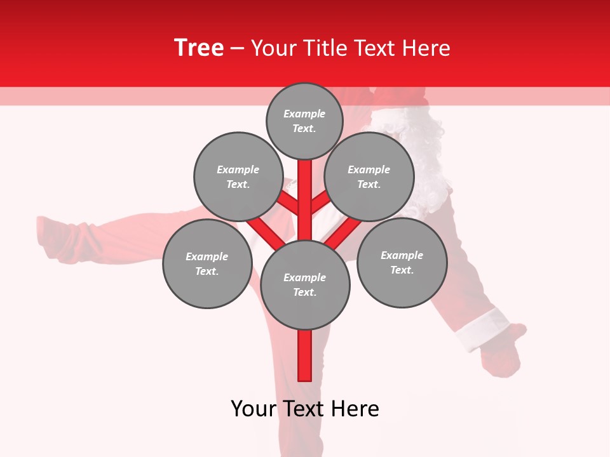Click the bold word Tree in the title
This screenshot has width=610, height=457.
[x=199, y=48]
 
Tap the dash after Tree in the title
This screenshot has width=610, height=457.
[x=237, y=49]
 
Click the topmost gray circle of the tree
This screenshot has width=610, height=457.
[x=304, y=121]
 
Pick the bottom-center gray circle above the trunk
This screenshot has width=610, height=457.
[x=305, y=285]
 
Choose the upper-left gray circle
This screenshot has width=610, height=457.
[x=238, y=176]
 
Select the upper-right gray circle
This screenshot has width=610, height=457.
[x=369, y=176]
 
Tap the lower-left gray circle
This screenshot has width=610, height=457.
[x=207, y=263]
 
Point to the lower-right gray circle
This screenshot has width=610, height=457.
[x=402, y=262]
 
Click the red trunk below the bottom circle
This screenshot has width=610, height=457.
[x=305, y=355]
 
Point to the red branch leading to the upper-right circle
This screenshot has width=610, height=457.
[x=320, y=203]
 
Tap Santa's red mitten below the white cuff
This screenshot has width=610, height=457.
[x=505, y=355]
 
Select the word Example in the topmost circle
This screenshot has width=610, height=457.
[x=304, y=114]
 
